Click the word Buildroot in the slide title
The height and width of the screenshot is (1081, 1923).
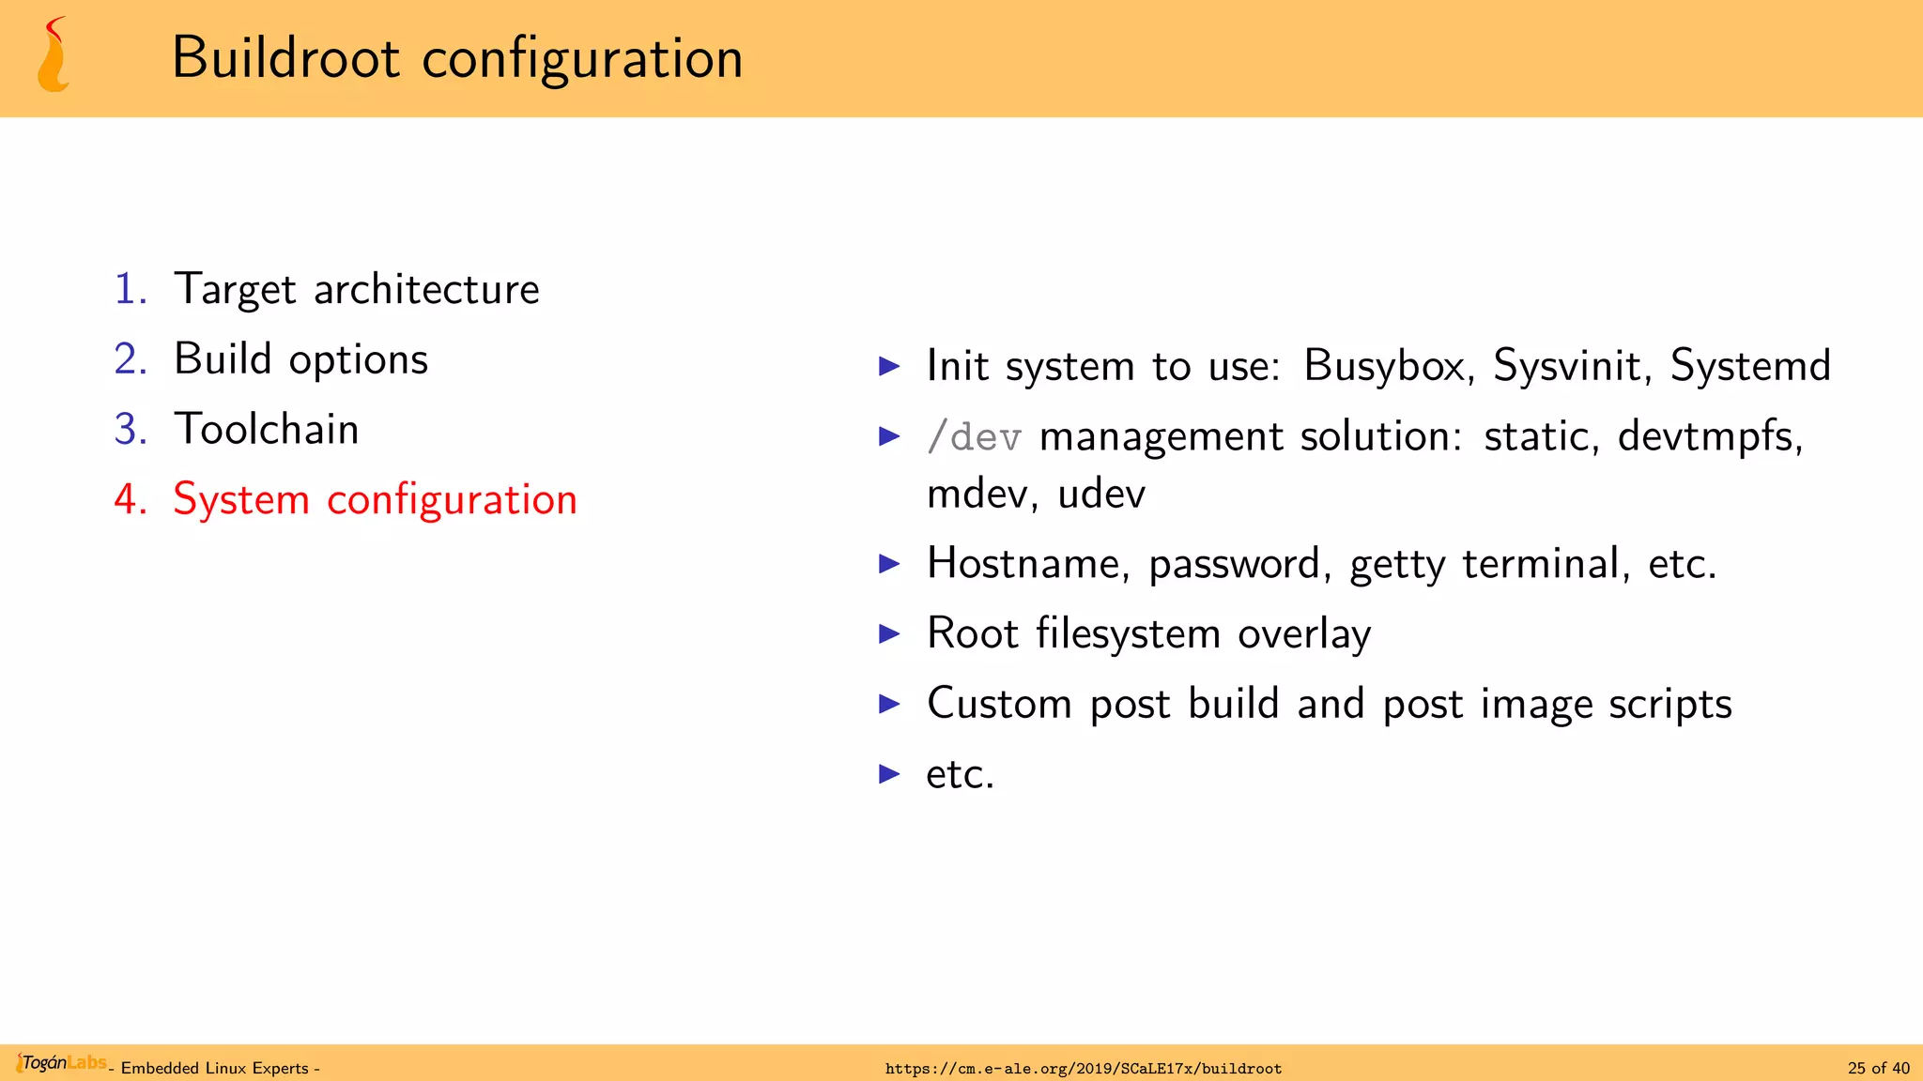click(x=286, y=58)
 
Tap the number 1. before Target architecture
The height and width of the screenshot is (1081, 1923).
click(x=131, y=289)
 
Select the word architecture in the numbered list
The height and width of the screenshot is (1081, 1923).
click(x=426, y=289)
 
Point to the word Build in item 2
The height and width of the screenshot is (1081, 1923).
click(x=223, y=359)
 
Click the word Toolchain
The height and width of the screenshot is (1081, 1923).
click(x=267, y=430)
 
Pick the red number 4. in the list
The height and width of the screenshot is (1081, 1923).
click(x=131, y=499)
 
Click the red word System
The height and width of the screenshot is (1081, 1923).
click(x=241, y=499)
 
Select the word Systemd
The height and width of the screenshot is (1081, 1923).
click(x=1750, y=366)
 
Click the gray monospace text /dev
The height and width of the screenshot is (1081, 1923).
click(x=974, y=437)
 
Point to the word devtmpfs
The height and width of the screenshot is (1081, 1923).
click(x=1709, y=437)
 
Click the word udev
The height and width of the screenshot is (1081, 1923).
click(x=1101, y=495)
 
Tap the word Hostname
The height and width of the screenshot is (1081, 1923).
click(x=1028, y=564)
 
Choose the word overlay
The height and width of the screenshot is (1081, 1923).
click(x=1304, y=634)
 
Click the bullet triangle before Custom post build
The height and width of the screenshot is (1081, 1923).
click(x=889, y=704)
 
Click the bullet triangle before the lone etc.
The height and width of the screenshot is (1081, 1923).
click(x=889, y=774)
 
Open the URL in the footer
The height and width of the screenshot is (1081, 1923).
click(x=1083, y=1068)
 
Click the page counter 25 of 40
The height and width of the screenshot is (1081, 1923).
click(x=1878, y=1068)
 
